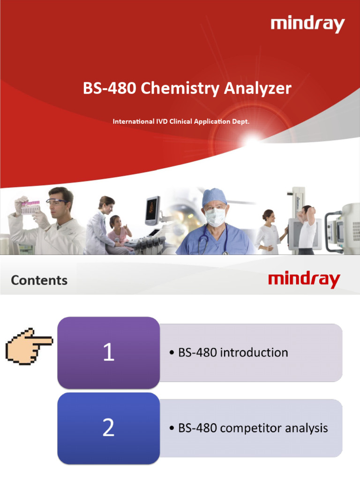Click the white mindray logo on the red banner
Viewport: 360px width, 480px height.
(x=307, y=24)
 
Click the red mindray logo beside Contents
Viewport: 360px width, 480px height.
(x=304, y=280)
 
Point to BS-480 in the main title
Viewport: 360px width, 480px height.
(x=110, y=89)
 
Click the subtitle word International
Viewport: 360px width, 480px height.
(x=134, y=121)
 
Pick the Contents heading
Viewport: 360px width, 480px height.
(x=39, y=280)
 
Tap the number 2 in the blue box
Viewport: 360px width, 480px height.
(x=108, y=428)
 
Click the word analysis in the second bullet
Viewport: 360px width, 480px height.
(x=307, y=428)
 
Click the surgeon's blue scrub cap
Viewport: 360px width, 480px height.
(x=214, y=196)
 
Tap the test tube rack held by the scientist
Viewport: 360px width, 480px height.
(x=30, y=207)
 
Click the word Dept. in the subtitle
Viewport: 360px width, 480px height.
(x=241, y=121)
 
